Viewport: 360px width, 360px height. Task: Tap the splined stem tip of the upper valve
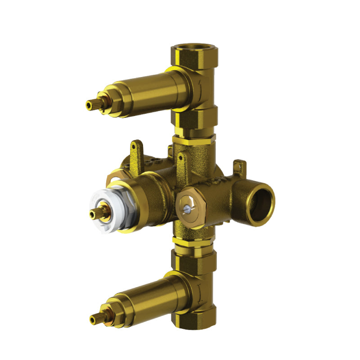[90, 105]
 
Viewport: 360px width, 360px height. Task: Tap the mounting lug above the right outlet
[240, 166]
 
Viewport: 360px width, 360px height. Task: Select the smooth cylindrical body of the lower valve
[148, 299]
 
